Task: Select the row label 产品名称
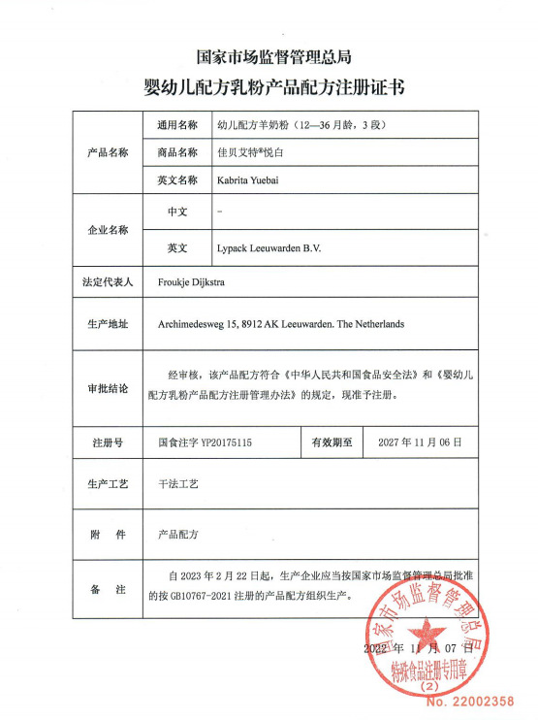[x=108, y=153]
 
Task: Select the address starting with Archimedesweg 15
[x=281, y=324]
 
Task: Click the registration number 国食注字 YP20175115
[x=205, y=442]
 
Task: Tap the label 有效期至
[x=332, y=442]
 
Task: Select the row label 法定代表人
[x=108, y=283]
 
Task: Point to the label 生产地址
[x=108, y=324]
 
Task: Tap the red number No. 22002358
[x=470, y=699]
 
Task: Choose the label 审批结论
[x=108, y=389]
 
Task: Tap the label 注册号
[x=108, y=442]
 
